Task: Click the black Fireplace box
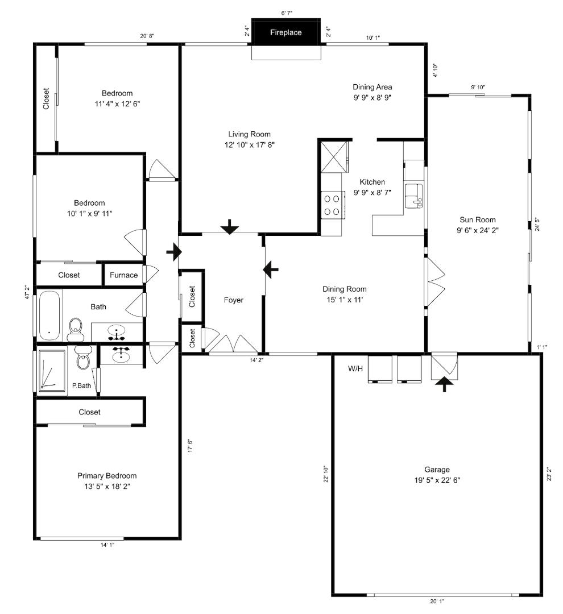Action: [x=285, y=33]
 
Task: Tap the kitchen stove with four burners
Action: [x=332, y=205]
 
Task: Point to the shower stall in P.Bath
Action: [x=52, y=370]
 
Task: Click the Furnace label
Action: [x=123, y=275]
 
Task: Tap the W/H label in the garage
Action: [x=355, y=369]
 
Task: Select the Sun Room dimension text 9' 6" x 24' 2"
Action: [x=478, y=230]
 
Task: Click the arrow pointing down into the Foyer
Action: [x=230, y=227]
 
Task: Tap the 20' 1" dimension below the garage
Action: [x=437, y=601]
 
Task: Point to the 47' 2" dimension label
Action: [x=27, y=298]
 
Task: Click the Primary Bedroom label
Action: [x=107, y=476]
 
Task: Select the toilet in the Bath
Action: [x=76, y=329]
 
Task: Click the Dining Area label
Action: [x=372, y=87]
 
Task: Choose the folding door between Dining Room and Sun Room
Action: [x=435, y=280]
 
